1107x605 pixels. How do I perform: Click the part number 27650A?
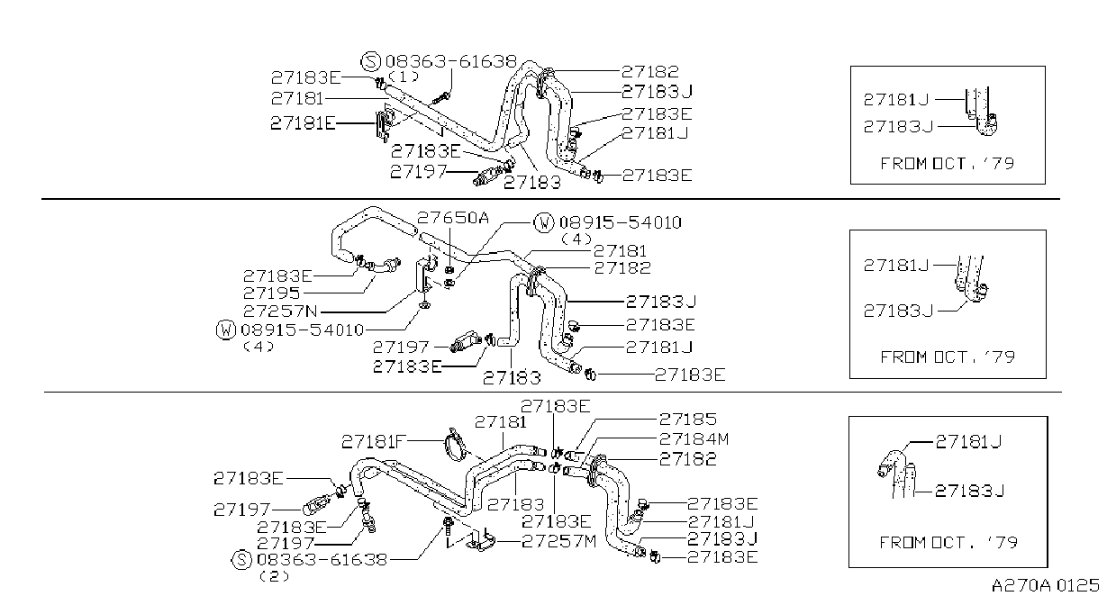coord(453,217)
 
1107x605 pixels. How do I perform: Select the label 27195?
coord(271,293)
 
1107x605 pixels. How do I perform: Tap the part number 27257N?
coord(280,312)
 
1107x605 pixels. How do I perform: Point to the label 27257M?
coord(559,542)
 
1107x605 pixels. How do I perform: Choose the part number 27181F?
coord(374,441)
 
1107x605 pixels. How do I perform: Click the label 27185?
coord(688,420)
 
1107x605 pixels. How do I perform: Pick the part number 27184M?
coord(694,439)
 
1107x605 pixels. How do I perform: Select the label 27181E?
coord(303,123)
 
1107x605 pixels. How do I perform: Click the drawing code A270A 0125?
coord(1045,586)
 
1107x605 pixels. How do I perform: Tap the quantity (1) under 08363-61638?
coord(404,77)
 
